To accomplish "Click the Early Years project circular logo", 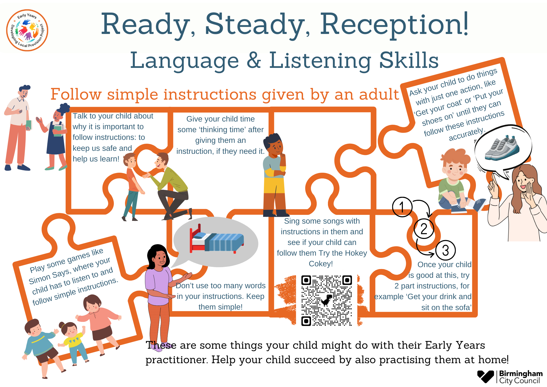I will point(27,30).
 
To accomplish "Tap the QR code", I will point(326,301).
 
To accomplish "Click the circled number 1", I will point(402,207).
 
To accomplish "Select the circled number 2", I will point(424,229).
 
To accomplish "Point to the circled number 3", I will point(445,250).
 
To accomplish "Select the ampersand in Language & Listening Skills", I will point(254,60).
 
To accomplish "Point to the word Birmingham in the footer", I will point(521,374).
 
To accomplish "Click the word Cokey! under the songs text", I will point(321,264).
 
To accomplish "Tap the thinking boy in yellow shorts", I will point(275,175).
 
